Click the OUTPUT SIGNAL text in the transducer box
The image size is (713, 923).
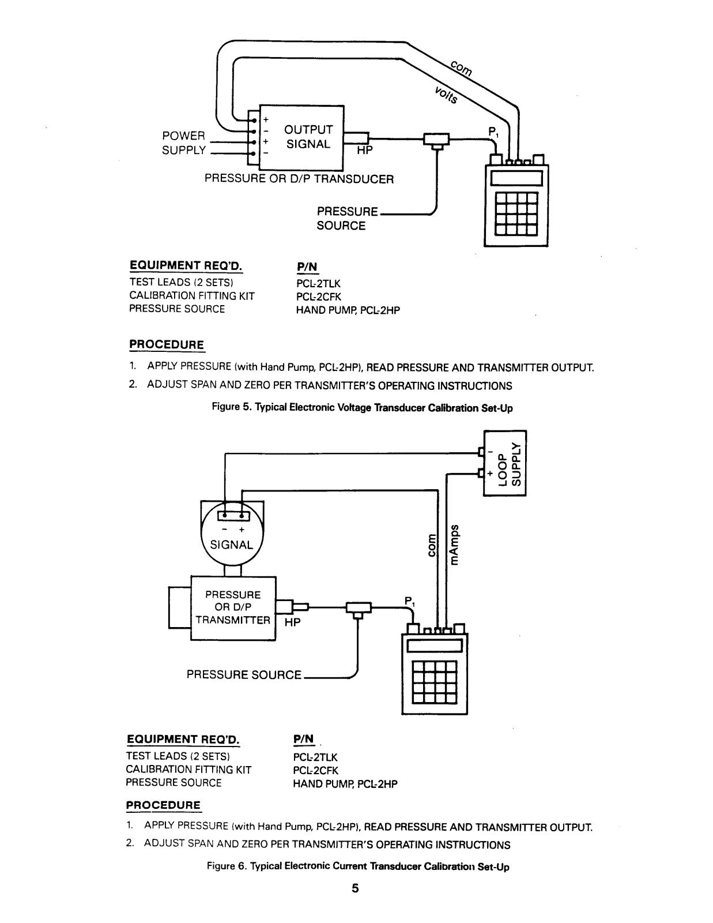point(308,137)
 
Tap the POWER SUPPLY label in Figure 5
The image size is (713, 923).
point(184,143)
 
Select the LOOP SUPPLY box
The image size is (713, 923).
point(505,463)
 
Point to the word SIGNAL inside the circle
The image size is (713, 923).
point(231,545)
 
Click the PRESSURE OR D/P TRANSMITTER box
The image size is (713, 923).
point(233,607)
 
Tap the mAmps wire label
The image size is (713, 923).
point(455,545)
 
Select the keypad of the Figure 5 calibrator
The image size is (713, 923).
point(516,211)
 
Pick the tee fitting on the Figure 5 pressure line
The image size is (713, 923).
point(437,140)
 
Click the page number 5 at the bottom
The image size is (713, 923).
point(356,888)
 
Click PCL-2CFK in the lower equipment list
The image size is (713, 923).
point(316,770)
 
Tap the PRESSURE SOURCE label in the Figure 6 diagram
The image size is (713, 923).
point(244,674)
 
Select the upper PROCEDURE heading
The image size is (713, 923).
point(167,345)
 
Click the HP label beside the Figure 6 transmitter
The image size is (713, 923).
point(293,623)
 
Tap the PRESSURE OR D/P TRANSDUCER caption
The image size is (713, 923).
point(299,179)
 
